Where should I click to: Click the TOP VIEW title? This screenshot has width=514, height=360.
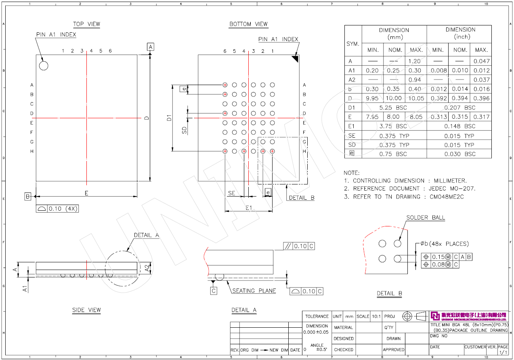click(86, 24)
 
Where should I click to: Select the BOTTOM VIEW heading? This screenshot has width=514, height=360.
click(248, 24)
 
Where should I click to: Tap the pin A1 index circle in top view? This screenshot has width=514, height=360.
click(43, 65)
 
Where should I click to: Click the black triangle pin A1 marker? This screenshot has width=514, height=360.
click(295, 59)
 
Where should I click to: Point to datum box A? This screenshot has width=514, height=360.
click(151, 47)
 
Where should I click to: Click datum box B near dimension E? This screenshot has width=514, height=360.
click(28, 197)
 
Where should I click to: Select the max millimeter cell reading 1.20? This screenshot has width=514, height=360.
click(415, 61)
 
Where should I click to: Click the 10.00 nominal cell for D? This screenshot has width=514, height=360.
click(394, 98)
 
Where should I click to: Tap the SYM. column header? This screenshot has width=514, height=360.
click(353, 44)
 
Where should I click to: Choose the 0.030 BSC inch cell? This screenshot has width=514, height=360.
click(460, 154)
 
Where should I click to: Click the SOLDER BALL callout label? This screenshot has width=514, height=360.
click(426, 218)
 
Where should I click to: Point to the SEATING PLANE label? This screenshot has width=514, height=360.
click(254, 291)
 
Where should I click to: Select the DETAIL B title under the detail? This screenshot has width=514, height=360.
click(389, 294)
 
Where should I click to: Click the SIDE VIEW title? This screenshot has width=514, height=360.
click(86, 310)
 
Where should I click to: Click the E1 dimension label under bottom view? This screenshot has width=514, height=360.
click(249, 207)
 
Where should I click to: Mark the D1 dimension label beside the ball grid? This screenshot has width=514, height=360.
click(170, 118)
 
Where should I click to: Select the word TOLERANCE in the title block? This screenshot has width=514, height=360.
click(317, 316)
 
